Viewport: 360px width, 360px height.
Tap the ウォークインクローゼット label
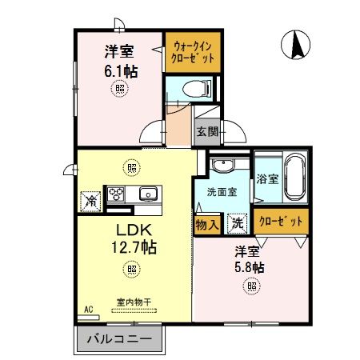(x=192, y=52)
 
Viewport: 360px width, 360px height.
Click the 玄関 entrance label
(x=206, y=133)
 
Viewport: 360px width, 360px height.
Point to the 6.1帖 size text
(x=120, y=71)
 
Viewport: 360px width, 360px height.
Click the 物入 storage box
(x=207, y=224)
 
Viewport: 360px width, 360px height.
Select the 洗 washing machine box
(x=237, y=224)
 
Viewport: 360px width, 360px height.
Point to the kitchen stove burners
(x=117, y=194)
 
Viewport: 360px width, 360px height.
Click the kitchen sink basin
(x=148, y=194)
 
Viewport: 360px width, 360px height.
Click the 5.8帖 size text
(x=251, y=266)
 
